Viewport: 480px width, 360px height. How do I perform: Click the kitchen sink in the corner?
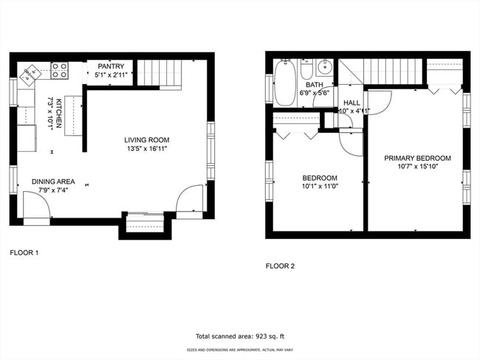tap(32, 72)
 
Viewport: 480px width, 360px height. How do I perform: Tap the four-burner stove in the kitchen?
tap(60, 71)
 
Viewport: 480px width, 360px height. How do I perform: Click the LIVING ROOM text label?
tap(146, 139)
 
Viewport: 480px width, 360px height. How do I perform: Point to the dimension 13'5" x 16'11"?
tap(146, 148)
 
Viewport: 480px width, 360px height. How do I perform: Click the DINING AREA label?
tap(52, 181)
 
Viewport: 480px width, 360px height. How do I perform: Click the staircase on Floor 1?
tap(160, 74)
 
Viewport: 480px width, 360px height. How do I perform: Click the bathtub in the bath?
tap(284, 83)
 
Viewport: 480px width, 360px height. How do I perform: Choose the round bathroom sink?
tap(324, 68)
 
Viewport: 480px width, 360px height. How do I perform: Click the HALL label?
tap(352, 103)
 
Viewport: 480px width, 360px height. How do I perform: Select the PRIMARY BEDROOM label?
tap(417, 158)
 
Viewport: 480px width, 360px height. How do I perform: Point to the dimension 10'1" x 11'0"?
tap(319, 187)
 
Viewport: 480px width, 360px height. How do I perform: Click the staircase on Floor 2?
tap(391, 72)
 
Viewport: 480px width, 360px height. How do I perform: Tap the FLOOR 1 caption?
tap(24, 252)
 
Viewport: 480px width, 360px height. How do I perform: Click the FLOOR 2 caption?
tap(280, 266)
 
